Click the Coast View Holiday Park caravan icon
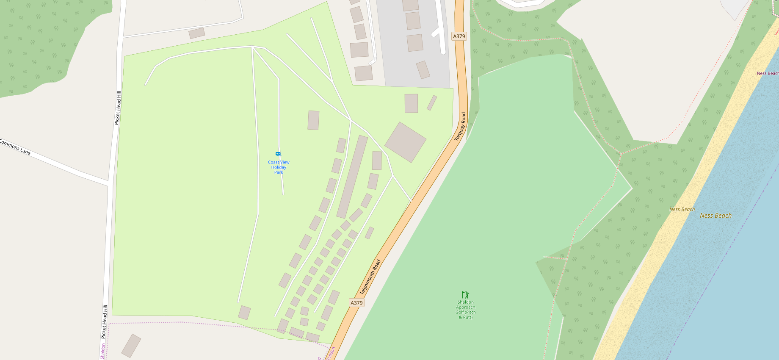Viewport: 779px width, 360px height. tap(278, 154)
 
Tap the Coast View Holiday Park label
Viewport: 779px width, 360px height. tap(279, 167)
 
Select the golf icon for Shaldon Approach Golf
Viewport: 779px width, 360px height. tap(465, 295)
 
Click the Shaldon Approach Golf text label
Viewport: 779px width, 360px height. tap(466, 310)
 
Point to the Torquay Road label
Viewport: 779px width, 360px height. tap(460, 127)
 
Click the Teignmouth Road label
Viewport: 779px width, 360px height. tap(370, 277)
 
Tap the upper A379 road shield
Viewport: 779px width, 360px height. tap(459, 36)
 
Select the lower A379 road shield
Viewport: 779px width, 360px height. tap(356, 303)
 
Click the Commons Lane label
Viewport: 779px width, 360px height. tap(15, 147)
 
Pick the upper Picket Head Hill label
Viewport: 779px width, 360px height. tap(118, 108)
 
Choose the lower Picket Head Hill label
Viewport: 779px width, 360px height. tap(104, 322)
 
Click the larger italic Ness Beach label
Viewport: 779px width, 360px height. tap(715, 216)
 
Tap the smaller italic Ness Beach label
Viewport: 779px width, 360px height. tap(682, 209)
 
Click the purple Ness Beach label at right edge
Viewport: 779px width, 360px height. tap(767, 73)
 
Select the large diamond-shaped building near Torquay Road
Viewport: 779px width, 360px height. tap(405, 142)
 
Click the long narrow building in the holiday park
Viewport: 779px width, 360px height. tap(352, 177)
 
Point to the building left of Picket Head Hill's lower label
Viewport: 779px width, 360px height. tap(131, 346)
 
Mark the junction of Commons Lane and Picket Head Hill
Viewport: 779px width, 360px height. tap(109, 184)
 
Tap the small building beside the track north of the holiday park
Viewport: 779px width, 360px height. tap(197, 33)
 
